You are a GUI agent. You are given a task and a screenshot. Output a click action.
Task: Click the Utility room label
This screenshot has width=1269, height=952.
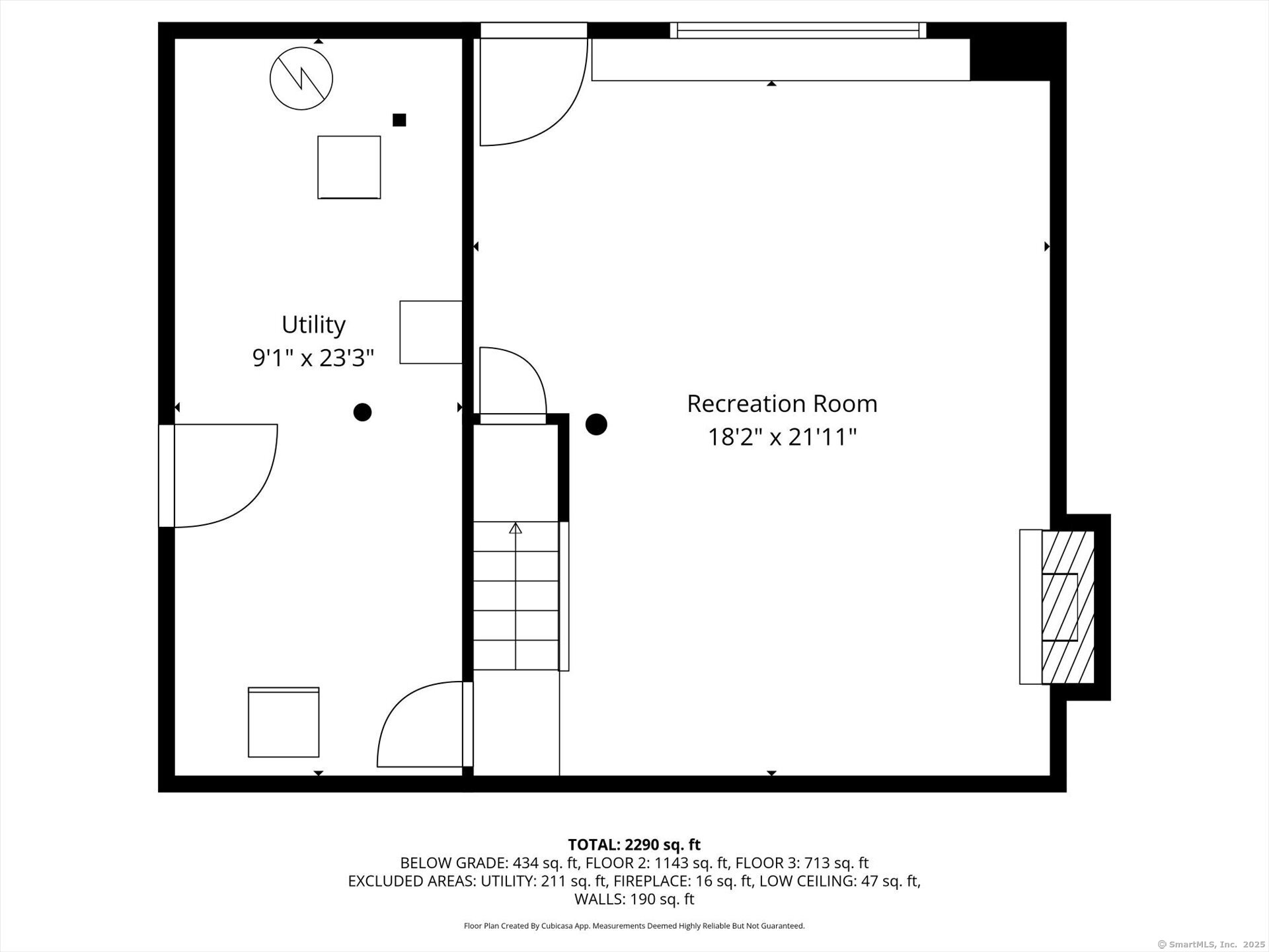(313, 325)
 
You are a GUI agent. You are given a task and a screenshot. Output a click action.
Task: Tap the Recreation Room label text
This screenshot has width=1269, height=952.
(782, 404)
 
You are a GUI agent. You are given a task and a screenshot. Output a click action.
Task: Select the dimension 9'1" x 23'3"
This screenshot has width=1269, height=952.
(313, 358)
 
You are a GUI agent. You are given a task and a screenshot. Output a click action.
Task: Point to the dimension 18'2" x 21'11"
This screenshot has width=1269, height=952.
(782, 437)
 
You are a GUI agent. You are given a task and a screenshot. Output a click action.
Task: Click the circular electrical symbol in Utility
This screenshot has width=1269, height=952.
(301, 79)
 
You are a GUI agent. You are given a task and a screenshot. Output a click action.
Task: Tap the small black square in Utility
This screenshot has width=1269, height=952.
(399, 120)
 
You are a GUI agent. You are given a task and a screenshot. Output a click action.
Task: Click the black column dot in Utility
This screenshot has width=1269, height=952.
(362, 413)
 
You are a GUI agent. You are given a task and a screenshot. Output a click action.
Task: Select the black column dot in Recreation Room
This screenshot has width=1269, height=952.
(596, 424)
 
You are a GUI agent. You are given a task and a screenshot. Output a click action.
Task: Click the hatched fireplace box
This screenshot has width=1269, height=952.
(1067, 607)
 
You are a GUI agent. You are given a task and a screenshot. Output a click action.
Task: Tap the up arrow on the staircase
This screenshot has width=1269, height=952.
(516, 528)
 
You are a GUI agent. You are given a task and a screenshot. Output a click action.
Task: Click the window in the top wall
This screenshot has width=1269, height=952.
(798, 30)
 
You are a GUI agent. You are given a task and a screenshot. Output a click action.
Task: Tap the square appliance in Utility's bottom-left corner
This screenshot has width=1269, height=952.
(284, 722)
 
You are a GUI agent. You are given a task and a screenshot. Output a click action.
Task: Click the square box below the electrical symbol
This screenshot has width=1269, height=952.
(349, 167)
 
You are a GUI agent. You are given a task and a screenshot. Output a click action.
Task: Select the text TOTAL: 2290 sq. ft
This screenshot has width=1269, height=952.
(634, 845)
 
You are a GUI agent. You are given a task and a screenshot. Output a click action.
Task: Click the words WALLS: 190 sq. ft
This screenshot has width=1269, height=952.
(634, 899)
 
